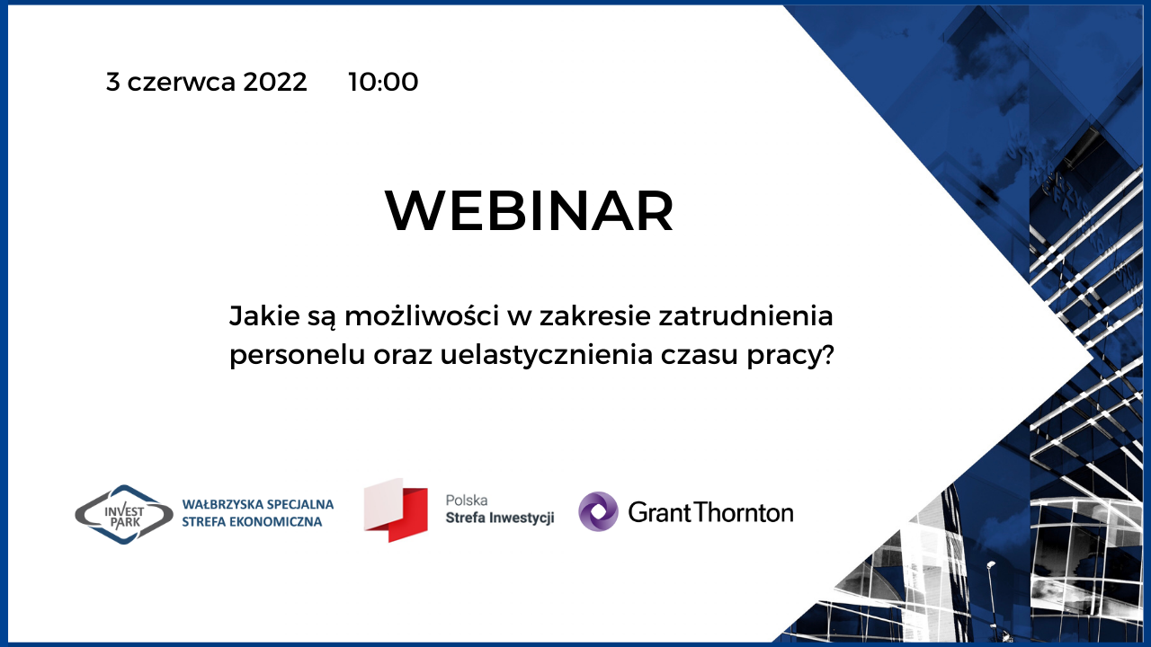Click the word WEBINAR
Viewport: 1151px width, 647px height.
530,211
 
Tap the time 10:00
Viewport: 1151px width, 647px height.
383,82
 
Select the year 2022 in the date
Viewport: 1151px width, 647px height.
275,82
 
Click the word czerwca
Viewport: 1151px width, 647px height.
182,83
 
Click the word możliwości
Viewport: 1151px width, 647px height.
422,315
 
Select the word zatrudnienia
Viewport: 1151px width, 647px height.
745,315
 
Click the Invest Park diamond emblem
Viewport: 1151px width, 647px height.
124,515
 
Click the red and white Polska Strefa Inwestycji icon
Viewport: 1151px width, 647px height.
396,510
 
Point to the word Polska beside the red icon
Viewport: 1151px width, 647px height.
467,501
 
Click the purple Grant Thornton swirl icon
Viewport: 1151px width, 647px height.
598,511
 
